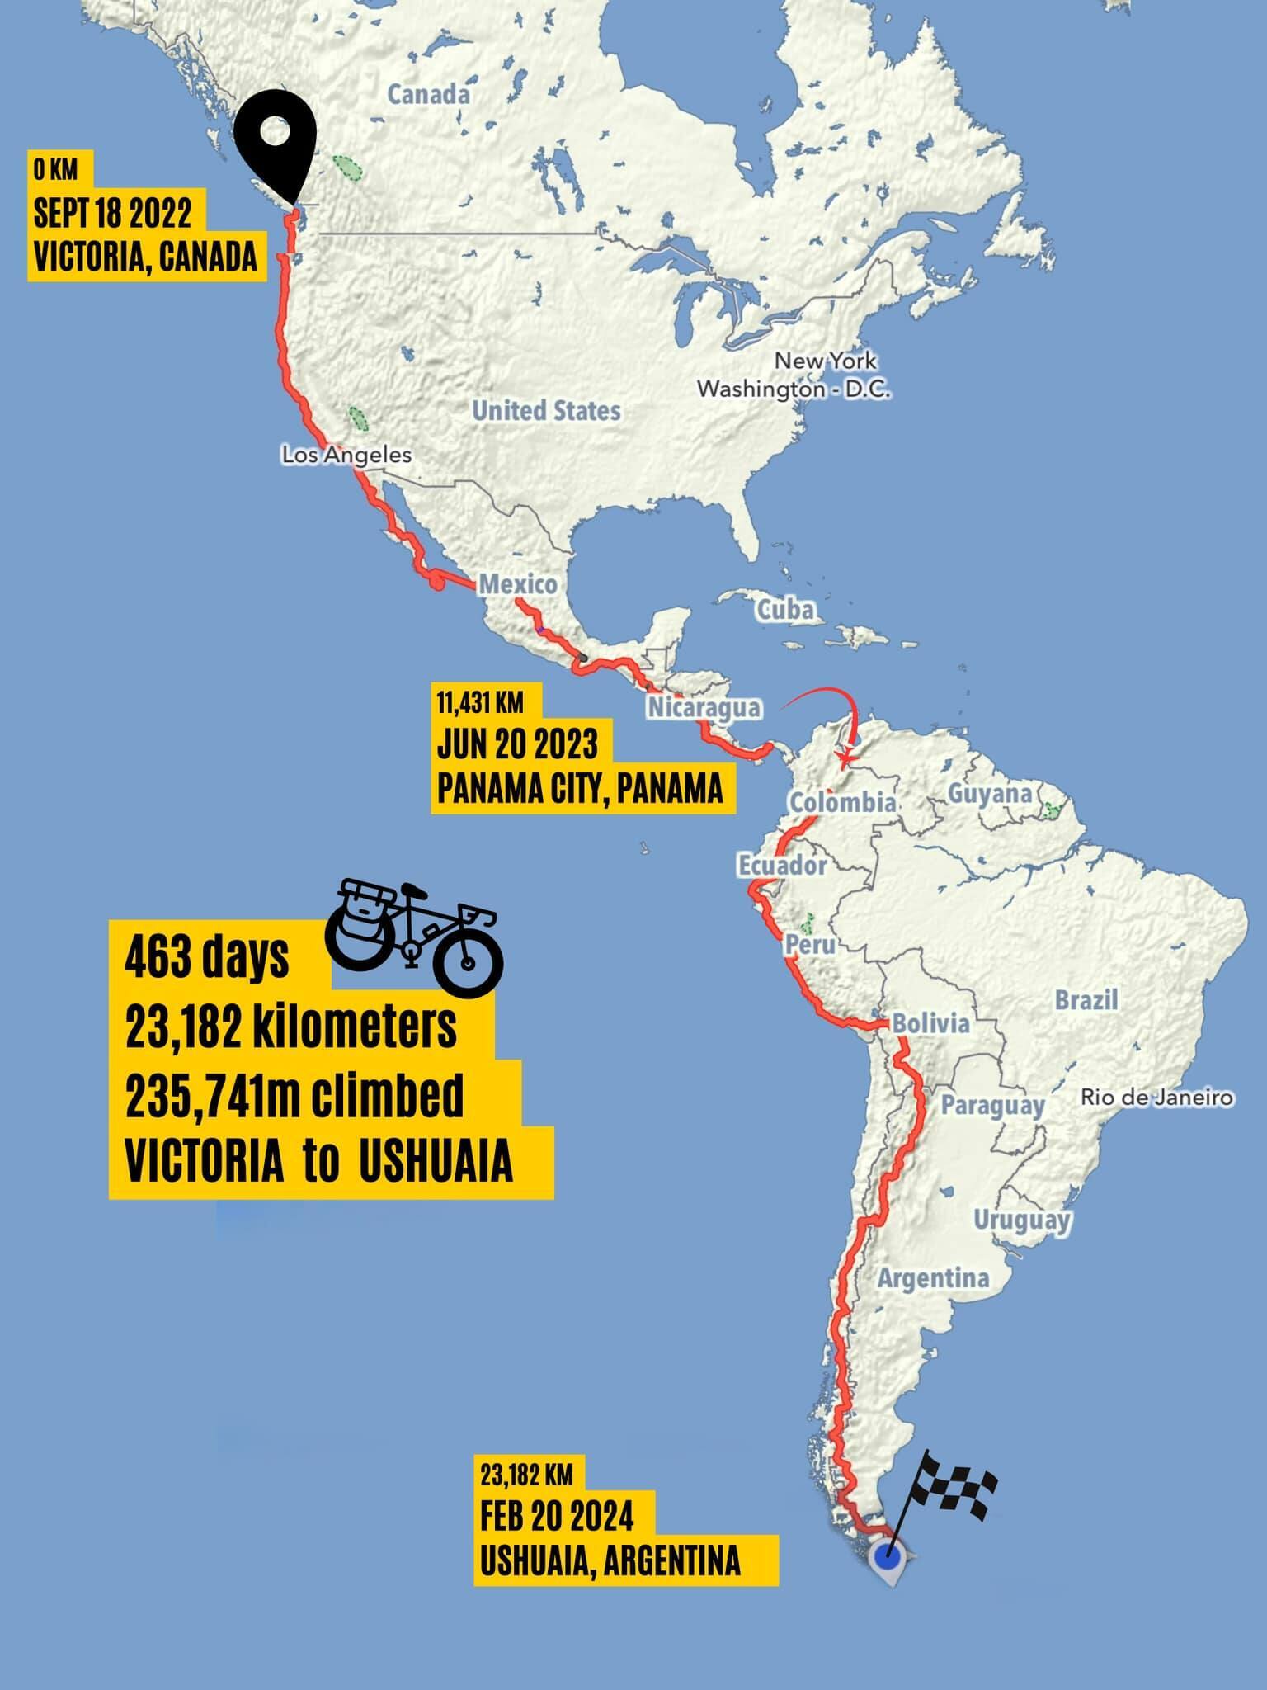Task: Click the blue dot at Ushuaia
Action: (x=888, y=1558)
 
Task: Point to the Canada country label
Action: (x=428, y=95)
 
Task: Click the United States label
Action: (x=546, y=410)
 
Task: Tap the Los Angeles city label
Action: (x=346, y=455)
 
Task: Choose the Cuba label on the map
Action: (x=786, y=610)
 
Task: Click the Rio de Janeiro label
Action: (x=1157, y=1098)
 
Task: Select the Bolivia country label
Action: (x=931, y=1024)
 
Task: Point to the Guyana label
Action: (x=990, y=794)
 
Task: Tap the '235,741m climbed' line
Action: (x=294, y=1098)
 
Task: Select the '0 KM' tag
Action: (x=55, y=171)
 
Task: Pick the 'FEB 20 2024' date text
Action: (x=558, y=1517)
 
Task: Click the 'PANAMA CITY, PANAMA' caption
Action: (x=580, y=790)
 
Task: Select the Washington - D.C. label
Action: (x=794, y=389)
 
